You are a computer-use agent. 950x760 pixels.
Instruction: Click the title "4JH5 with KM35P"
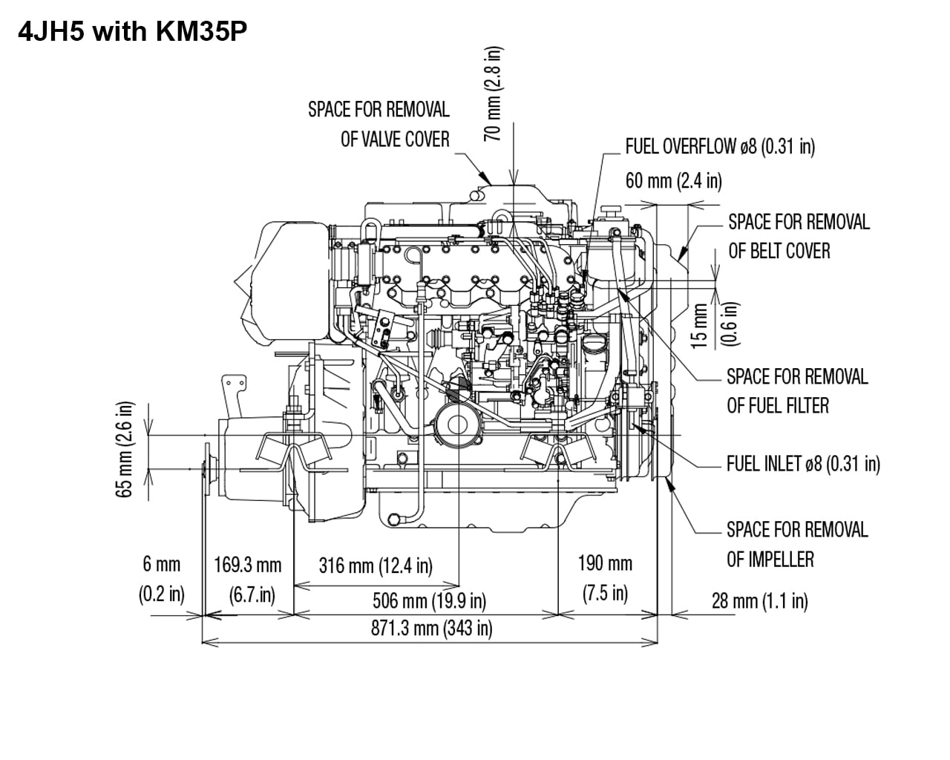coord(131,32)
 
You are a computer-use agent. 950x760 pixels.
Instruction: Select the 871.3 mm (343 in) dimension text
coord(431,629)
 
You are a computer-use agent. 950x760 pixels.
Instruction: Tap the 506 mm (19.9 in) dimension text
coord(429,600)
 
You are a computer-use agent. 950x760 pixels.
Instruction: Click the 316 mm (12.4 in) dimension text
coord(376,566)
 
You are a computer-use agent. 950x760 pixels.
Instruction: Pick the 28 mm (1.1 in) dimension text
coord(759,600)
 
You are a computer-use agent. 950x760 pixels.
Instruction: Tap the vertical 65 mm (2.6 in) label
coord(126,449)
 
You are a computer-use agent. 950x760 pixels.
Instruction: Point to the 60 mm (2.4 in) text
coord(673,180)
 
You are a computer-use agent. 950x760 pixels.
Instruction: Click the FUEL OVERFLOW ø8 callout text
coord(719,146)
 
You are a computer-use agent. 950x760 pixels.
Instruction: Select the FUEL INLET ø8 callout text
coord(802,464)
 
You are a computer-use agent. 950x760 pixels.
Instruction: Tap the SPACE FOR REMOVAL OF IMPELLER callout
coord(796,544)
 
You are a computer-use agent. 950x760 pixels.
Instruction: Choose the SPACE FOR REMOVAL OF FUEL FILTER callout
coord(796,391)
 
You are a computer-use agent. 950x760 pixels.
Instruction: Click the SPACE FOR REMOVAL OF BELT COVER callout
coord(798,236)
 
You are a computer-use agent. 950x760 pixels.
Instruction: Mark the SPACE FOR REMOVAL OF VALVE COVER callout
coord(379,124)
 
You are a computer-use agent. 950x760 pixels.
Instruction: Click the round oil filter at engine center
coord(454,425)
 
